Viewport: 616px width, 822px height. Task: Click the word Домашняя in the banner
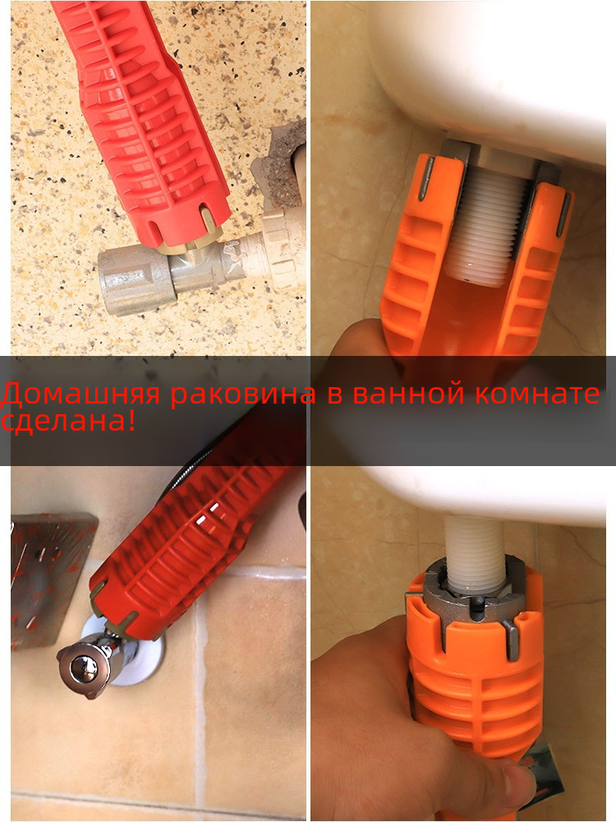[x=80, y=393]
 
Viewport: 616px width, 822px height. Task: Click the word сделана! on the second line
[x=68, y=421]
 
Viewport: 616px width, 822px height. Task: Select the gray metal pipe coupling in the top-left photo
[x=137, y=280]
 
